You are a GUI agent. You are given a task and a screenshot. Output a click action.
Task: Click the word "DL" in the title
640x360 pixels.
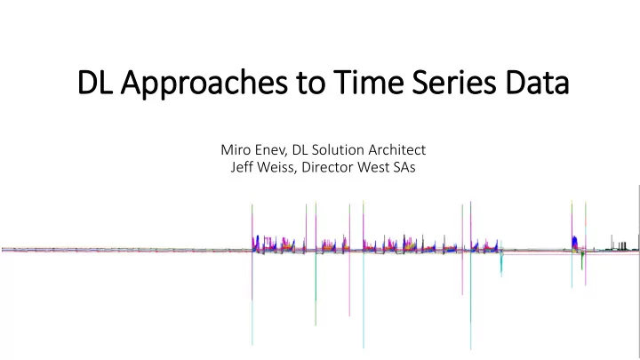(95, 83)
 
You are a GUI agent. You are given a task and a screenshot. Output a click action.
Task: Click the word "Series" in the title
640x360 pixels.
(454, 82)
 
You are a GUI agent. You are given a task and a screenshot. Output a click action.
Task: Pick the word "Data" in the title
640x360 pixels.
(537, 83)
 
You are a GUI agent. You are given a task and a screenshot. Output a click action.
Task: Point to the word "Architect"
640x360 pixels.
(396, 150)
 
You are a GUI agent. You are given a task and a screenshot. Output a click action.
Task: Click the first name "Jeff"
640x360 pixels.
(240, 167)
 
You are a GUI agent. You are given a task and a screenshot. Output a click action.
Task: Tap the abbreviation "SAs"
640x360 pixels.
(404, 167)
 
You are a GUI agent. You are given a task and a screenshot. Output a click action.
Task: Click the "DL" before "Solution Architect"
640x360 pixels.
(300, 150)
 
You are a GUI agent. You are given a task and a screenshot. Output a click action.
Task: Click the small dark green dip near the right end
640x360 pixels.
(582, 260)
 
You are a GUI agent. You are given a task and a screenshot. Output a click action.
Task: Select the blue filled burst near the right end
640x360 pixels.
(575, 243)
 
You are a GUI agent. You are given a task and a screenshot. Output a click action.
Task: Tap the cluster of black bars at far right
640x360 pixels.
(621, 245)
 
